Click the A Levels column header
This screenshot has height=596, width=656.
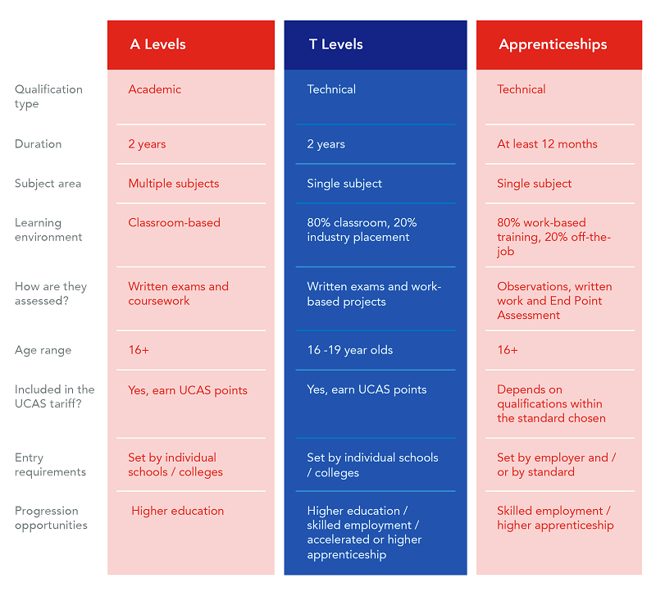pyautogui.click(x=158, y=44)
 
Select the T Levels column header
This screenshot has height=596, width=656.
pyautogui.click(x=335, y=44)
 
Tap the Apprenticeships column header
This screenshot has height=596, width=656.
pyautogui.click(x=553, y=44)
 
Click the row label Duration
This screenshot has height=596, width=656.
pyautogui.click(x=38, y=144)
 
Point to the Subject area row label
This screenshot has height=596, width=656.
pyautogui.click(x=48, y=184)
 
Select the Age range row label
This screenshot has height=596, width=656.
pyautogui.click(x=43, y=350)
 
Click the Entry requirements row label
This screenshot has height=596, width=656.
pyautogui.click(x=49, y=465)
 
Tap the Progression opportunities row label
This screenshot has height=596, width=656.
pyautogui.click(x=51, y=518)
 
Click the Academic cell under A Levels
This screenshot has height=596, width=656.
pyautogui.click(x=155, y=89)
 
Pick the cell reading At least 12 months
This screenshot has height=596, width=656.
pyautogui.click(x=547, y=144)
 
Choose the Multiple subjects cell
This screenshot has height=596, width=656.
pyautogui.click(x=174, y=184)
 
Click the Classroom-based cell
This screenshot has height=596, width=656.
pyautogui.click(x=175, y=223)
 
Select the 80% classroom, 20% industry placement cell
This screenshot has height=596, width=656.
pyautogui.click(x=362, y=230)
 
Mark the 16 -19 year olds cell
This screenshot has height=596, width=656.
pyautogui.click(x=350, y=350)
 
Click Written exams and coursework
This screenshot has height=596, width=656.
pyautogui.click(x=178, y=293)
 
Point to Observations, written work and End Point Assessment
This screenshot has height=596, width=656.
pyautogui.click(x=554, y=301)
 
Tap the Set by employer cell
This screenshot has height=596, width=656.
pyautogui.click(x=556, y=465)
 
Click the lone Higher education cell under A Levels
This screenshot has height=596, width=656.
pyautogui.click(x=178, y=511)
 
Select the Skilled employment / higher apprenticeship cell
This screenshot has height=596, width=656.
pyautogui.click(x=555, y=518)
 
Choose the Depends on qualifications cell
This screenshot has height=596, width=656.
pyautogui.click(x=551, y=403)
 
